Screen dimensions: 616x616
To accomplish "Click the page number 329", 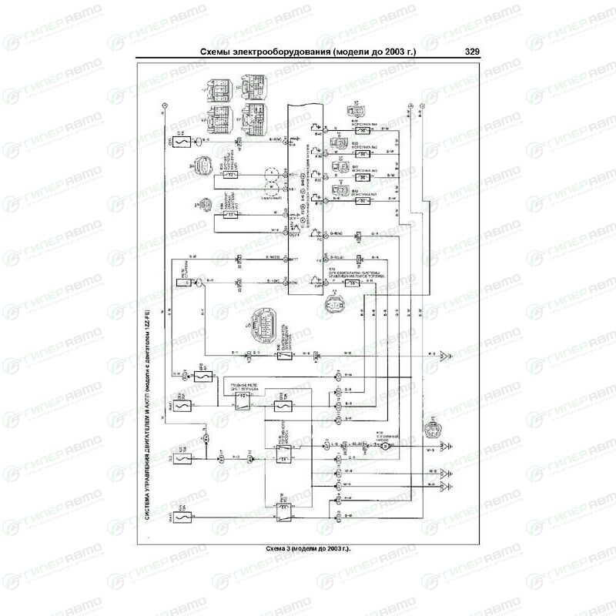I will click(473, 52).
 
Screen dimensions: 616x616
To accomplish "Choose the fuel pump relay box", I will click(280, 454).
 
